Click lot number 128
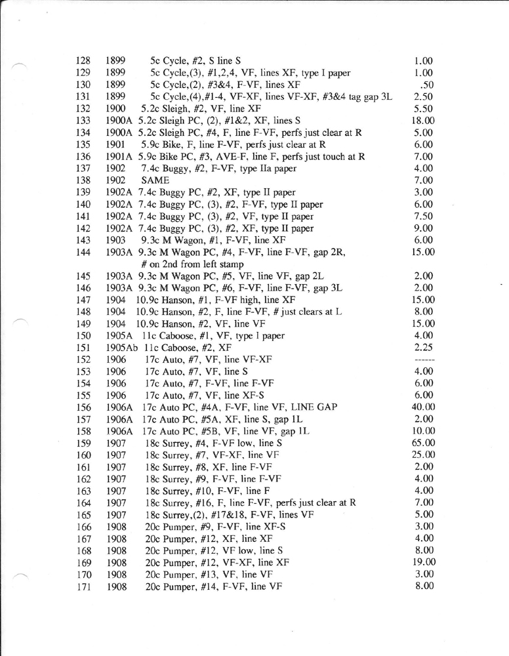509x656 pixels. (x=83, y=61)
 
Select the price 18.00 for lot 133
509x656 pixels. (x=422, y=121)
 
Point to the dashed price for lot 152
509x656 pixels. (x=422, y=359)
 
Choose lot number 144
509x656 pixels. (x=83, y=252)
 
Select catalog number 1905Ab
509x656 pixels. (x=121, y=348)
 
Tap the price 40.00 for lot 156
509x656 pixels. (x=422, y=407)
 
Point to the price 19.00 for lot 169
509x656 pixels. (x=422, y=562)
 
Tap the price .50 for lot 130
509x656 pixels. (x=425, y=85)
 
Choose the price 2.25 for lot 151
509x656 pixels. (x=424, y=348)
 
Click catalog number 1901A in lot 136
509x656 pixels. (x=119, y=157)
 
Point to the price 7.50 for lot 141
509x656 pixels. (x=424, y=216)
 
